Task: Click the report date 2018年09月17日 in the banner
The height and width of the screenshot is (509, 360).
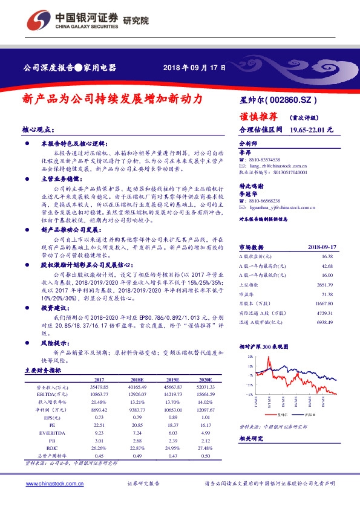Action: coord(195,68)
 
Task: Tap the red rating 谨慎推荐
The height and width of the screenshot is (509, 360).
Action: coord(258,116)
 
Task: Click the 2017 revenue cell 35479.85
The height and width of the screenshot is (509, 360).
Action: coord(98,386)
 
